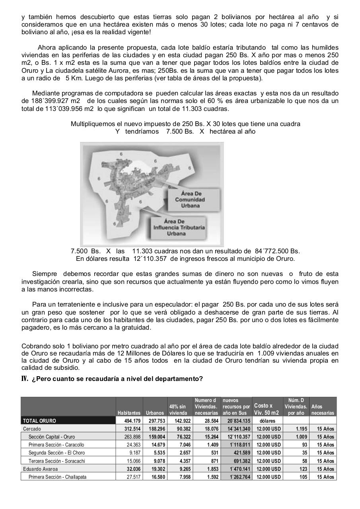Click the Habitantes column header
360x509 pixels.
click(129, 413)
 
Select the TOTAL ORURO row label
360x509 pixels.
click(39, 421)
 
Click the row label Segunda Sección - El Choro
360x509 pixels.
click(56, 453)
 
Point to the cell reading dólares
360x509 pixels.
click(267, 421)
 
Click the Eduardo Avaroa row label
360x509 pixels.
click(40, 469)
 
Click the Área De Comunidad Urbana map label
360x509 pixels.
click(190, 200)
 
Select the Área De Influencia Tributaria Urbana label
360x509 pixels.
click(179, 227)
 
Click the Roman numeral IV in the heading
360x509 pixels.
click(25, 379)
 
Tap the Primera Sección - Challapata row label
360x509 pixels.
click(57, 477)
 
